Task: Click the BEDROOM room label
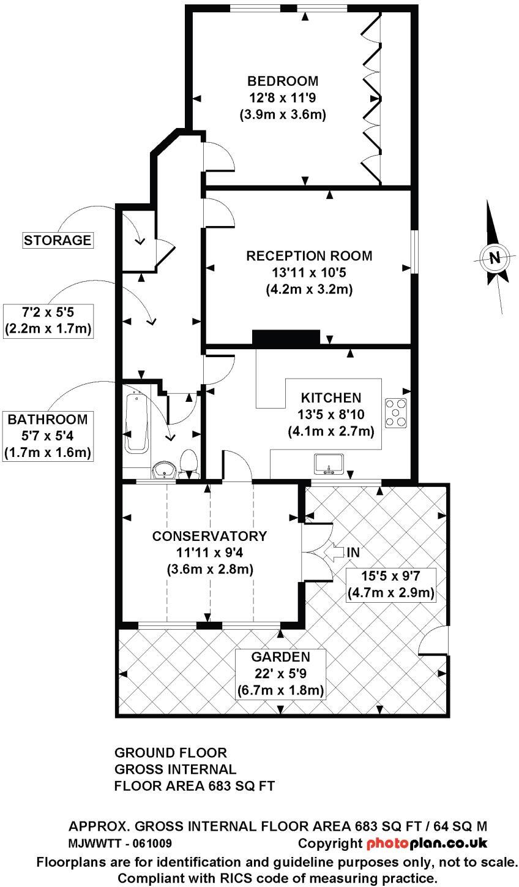pos(283,81)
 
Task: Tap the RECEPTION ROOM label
pos(309,256)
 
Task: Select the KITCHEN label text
pos(330,398)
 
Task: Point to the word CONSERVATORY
pos(209,536)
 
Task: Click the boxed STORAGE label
pos(57,240)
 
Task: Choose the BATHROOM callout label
pos(47,420)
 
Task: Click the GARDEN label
pos(280,657)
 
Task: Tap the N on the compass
pos(495,257)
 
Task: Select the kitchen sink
pos(330,464)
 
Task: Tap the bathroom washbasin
pos(164,470)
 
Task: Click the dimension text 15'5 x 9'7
pos(390,576)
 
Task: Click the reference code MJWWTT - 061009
pos(120,844)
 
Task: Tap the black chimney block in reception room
pos(286,338)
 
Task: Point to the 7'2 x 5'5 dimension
pos(47,312)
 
